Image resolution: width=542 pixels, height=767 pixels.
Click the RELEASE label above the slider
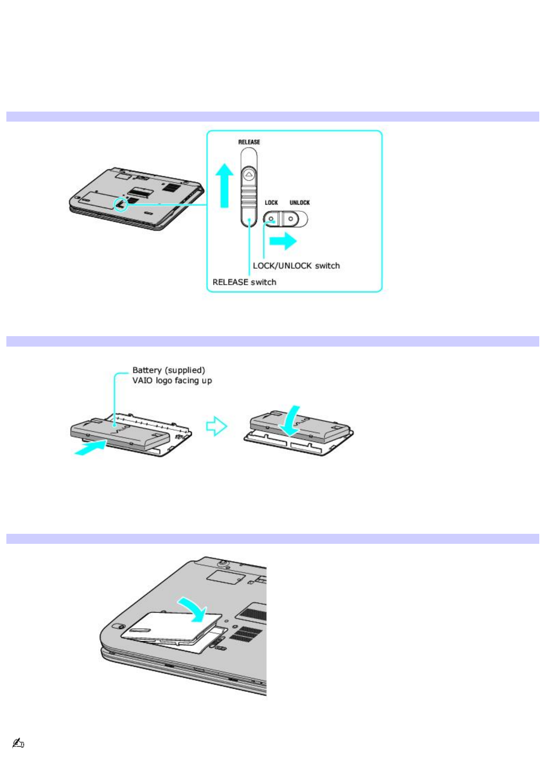click(x=249, y=142)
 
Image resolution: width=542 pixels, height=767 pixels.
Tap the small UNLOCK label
click(x=300, y=203)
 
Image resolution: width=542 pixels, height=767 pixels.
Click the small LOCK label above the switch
click(x=271, y=203)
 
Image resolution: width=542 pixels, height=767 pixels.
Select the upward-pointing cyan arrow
click(x=224, y=185)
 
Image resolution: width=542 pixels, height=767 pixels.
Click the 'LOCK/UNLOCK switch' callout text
click(x=296, y=266)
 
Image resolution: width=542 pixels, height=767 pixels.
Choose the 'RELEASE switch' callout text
click(x=244, y=282)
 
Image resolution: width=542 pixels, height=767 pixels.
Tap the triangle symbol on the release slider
click(x=248, y=174)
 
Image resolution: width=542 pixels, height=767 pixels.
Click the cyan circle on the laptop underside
click(x=121, y=205)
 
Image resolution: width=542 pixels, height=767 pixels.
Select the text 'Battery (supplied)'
click(x=169, y=370)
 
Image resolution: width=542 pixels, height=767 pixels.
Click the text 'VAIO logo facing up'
click(x=172, y=380)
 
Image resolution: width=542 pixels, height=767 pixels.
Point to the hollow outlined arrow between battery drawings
click(x=216, y=427)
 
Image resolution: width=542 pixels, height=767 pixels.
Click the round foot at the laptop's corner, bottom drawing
click(x=117, y=626)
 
